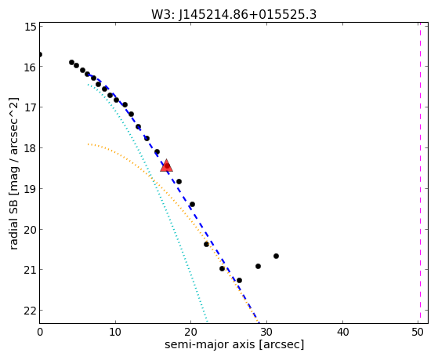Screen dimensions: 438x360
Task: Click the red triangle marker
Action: [166, 165]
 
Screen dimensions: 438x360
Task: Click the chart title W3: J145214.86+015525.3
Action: [233, 14]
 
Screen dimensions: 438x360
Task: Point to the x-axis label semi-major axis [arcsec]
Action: [234, 344]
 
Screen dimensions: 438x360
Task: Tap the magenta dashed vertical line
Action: [420, 173]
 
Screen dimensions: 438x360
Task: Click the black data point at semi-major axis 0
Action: [40, 54]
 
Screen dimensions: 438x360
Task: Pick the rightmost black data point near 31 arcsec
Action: [276, 256]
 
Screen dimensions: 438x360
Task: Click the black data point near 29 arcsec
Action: [258, 267]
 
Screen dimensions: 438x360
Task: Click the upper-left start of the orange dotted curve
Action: [89, 144]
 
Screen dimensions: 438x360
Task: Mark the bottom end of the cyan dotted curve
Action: [207, 322]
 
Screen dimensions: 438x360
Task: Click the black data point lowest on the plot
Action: [239, 280]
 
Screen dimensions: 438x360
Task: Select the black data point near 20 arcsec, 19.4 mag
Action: [192, 205]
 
